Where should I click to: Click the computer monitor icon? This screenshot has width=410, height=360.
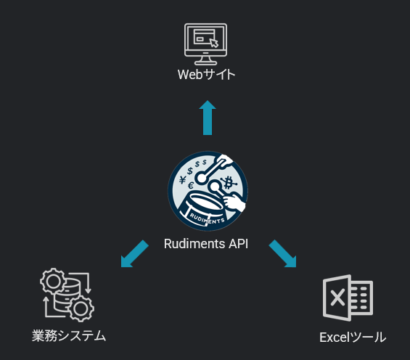[205, 44]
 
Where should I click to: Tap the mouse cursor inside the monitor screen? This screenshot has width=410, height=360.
[214, 43]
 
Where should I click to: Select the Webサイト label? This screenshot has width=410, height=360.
[206, 75]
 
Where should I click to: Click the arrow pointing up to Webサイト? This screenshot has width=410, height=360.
[208, 118]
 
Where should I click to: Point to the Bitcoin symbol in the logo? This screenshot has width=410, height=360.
[229, 183]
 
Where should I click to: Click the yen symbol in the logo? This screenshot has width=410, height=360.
[183, 180]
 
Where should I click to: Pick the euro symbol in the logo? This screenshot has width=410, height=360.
[191, 186]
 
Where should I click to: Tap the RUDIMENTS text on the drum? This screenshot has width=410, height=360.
[207, 219]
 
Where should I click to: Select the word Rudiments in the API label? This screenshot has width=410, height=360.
[194, 244]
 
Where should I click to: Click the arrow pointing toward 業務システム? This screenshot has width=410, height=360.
[135, 254]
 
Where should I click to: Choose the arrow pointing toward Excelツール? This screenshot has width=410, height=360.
[283, 254]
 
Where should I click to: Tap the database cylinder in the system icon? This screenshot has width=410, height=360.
[67, 295]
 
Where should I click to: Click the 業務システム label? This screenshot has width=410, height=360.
[69, 336]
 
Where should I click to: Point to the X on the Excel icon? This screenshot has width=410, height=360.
[337, 298]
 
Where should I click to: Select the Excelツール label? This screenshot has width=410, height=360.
[353, 337]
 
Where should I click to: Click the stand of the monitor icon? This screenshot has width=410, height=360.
[205, 61]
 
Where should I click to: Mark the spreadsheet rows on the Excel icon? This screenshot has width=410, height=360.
[361, 298]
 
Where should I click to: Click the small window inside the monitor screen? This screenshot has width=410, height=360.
[204, 36]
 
